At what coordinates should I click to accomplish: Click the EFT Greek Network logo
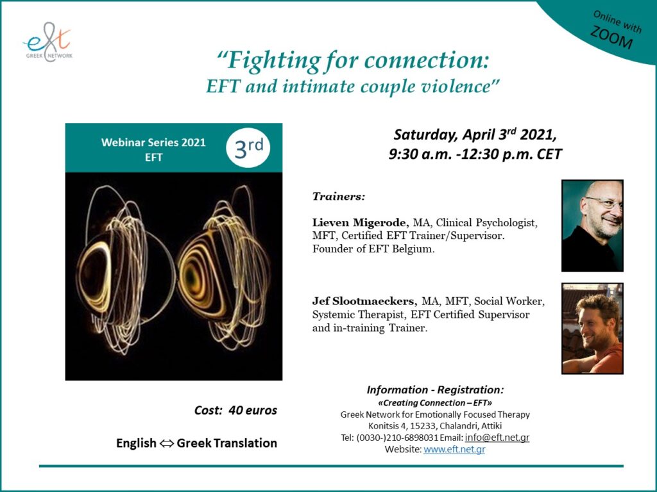[47, 42]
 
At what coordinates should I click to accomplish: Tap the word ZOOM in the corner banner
[611, 37]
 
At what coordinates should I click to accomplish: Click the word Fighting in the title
[274, 61]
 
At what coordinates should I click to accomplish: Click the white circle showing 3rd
[248, 148]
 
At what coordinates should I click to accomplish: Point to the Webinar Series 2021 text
[153, 142]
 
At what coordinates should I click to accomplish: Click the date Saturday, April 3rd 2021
[475, 135]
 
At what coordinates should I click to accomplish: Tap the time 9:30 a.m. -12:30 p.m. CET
[475, 154]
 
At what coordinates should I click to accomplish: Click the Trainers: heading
[339, 196]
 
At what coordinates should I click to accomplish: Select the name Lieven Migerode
[361, 222]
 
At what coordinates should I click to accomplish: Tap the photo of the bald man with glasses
[592, 226]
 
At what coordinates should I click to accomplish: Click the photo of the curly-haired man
[592, 329]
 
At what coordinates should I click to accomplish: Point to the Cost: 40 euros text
[235, 410]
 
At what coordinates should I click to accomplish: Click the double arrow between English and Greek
[166, 443]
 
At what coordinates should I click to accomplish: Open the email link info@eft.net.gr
[497, 438]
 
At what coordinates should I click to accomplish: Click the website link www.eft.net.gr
[454, 449]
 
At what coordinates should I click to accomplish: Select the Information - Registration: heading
[436, 390]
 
